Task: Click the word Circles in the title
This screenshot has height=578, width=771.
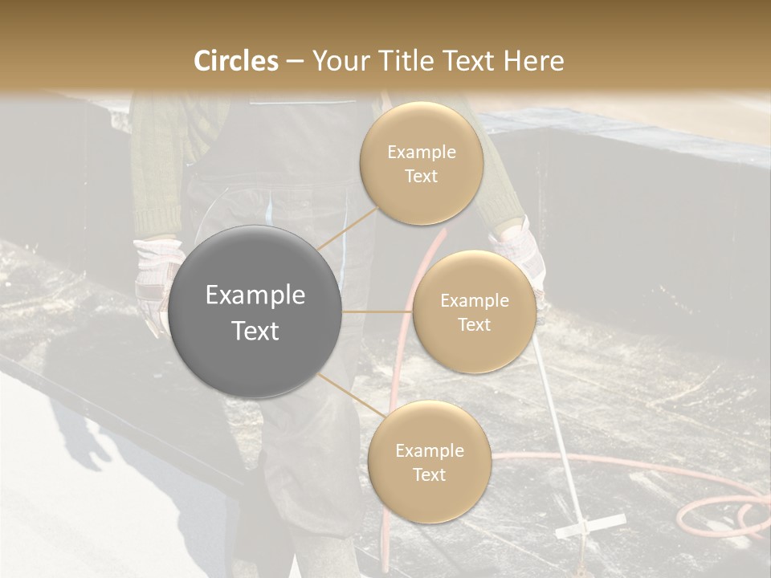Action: click(236, 61)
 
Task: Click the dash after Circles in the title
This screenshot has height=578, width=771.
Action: click(295, 62)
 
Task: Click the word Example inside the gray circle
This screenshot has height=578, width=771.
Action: click(255, 295)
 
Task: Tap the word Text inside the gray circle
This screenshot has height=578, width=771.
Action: click(255, 331)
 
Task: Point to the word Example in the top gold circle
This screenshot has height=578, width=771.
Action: click(421, 153)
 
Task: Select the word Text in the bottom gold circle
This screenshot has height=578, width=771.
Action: click(429, 474)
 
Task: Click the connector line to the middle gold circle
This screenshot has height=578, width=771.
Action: click(377, 311)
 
